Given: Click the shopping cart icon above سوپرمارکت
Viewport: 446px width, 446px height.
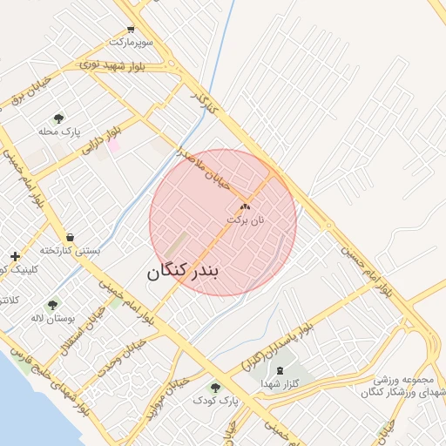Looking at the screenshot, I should click(x=130, y=29).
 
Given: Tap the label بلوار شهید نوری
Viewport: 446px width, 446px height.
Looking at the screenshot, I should click(x=125, y=66).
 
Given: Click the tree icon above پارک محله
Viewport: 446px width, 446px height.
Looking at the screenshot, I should click(x=58, y=118).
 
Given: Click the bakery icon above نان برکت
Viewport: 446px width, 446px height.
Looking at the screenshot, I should click(x=245, y=207).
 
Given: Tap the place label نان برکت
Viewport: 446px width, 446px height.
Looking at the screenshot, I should click(x=245, y=220).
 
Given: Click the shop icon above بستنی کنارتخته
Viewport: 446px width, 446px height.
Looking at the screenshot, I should click(x=70, y=237).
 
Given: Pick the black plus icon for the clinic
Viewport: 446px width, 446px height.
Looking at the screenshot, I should click(x=15, y=256).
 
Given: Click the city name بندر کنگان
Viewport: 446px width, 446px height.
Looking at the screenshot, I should click(x=185, y=271).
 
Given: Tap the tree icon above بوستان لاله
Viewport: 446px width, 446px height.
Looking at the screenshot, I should click(x=53, y=305).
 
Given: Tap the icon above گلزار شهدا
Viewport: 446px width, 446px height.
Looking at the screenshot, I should click(x=280, y=370).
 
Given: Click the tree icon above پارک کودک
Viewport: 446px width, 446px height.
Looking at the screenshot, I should click(x=215, y=387).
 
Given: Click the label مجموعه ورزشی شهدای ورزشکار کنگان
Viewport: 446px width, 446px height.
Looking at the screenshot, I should click(x=404, y=387).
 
